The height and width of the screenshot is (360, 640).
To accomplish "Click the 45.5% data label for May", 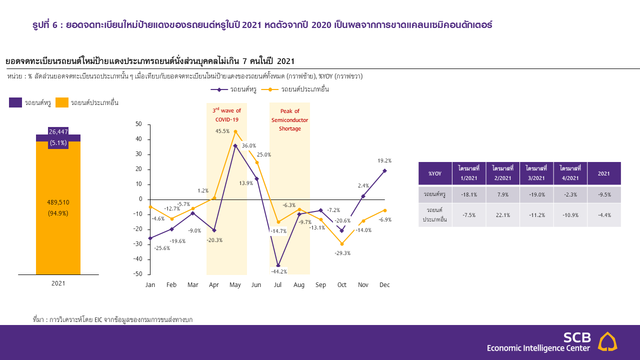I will [x=222, y=131].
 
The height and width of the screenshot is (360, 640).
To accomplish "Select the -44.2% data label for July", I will [x=278, y=271].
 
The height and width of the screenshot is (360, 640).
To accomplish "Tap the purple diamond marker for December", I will [x=384, y=170].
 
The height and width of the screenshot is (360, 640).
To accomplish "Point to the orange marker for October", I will [x=342, y=244].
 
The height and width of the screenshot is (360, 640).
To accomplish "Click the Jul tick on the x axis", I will [x=278, y=285].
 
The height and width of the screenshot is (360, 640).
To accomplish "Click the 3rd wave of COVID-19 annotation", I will [x=227, y=115].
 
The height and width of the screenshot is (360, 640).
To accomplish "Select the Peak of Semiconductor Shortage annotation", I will [x=290, y=119].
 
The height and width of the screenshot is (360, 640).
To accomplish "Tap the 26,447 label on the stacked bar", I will [x=58, y=132].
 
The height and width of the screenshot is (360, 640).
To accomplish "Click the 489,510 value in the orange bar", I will [x=58, y=202].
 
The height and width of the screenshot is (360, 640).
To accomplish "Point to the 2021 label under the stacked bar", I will [x=58, y=283].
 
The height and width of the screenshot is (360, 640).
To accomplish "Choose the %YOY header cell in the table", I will [x=435, y=173].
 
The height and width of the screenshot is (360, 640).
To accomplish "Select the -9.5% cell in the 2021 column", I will [x=603, y=195].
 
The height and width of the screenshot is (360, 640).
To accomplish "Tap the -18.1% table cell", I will [x=468, y=195].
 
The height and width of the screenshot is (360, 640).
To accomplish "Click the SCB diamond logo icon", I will [x=607, y=341].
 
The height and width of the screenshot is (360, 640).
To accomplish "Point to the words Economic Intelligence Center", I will [x=538, y=348].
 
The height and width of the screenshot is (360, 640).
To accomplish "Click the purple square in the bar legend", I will [x=15, y=102].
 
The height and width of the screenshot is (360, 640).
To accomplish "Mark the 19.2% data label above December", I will [x=384, y=161].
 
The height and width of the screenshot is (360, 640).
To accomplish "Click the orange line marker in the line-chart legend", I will [x=270, y=89].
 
